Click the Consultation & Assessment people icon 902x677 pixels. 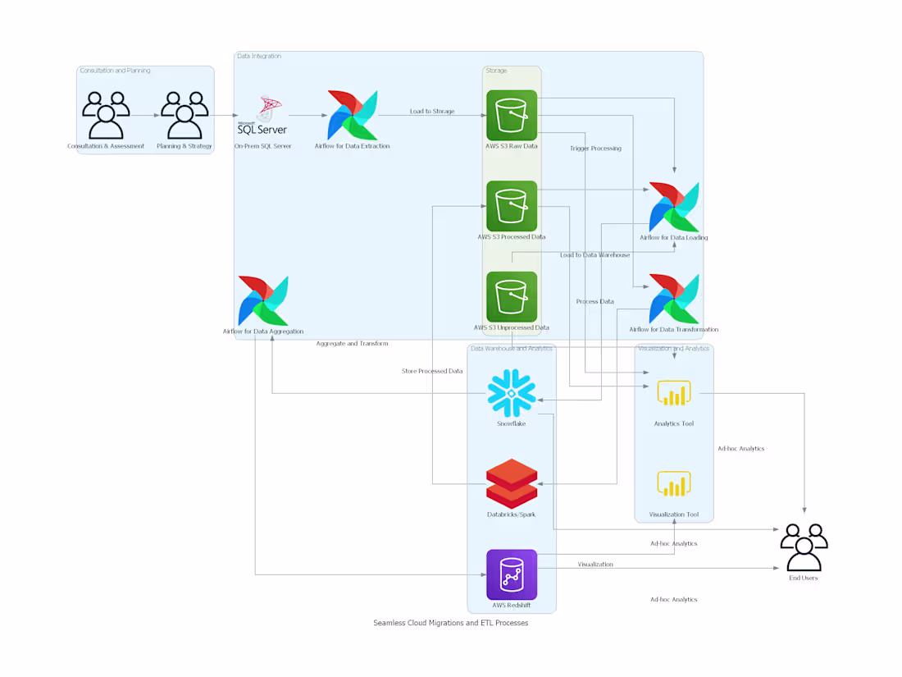(x=106, y=115)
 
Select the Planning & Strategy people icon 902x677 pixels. (x=184, y=115)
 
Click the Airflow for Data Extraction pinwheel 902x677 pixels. (x=353, y=115)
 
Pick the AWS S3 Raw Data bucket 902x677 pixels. (x=512, y=115)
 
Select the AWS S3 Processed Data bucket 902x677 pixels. (x=512, y=206)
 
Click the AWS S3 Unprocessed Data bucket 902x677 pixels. (x=512, y=297)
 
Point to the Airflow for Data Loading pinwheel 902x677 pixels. (x=674, y=207)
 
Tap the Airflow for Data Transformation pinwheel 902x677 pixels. (x=674, y=299)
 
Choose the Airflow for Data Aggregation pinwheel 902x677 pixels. (x=263, y=301)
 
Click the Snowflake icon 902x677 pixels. (x=512, y=393)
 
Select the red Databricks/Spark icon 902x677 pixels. (x=512, y=484)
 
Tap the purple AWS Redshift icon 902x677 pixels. (x=512, y=574)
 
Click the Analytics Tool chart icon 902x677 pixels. (x=674, y=393)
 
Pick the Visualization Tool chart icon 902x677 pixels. (x=674, y=484)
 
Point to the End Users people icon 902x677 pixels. (x=804, y=547)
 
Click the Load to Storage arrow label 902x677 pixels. (x=432, y=112)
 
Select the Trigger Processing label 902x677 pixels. (x=595, y=149)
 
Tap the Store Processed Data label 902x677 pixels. (x=432, y=371)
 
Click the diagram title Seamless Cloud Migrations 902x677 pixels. (x=450, y=623)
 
